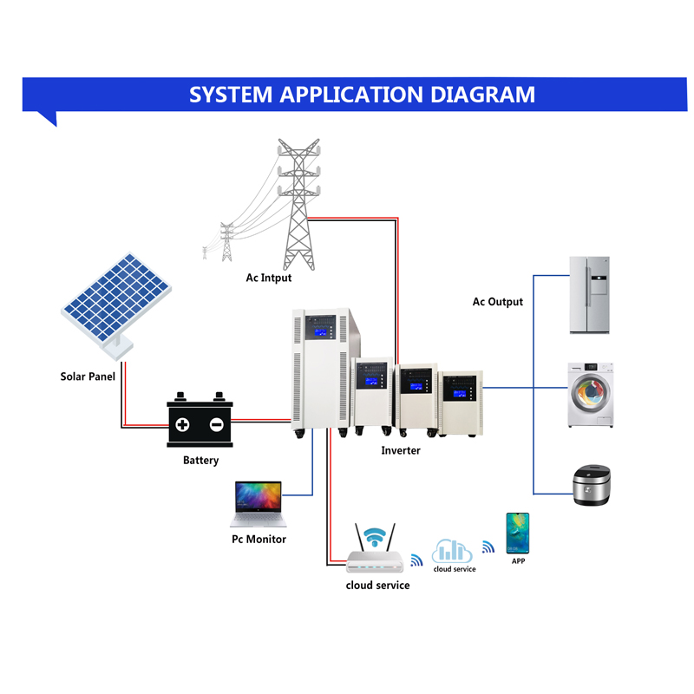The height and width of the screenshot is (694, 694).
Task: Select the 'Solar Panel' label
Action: [x=88, y=376]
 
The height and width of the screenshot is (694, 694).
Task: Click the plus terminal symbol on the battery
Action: [x=183, y=425]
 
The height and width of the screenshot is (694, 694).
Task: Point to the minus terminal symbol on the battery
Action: [x=216, y=425]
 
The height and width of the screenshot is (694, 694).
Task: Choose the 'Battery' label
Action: [x=200, y=461]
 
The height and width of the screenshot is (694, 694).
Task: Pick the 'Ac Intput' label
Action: [x=269, y=278]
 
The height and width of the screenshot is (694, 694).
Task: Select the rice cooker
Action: [x=593, y=485]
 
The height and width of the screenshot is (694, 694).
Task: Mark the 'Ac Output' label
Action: [x=497, y=302]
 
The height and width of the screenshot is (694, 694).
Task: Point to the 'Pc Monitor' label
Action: [x=259, y=540]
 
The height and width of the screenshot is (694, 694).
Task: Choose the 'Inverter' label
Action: [x=401, y=451]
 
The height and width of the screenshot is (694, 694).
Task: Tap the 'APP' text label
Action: [x=518, y=561]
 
